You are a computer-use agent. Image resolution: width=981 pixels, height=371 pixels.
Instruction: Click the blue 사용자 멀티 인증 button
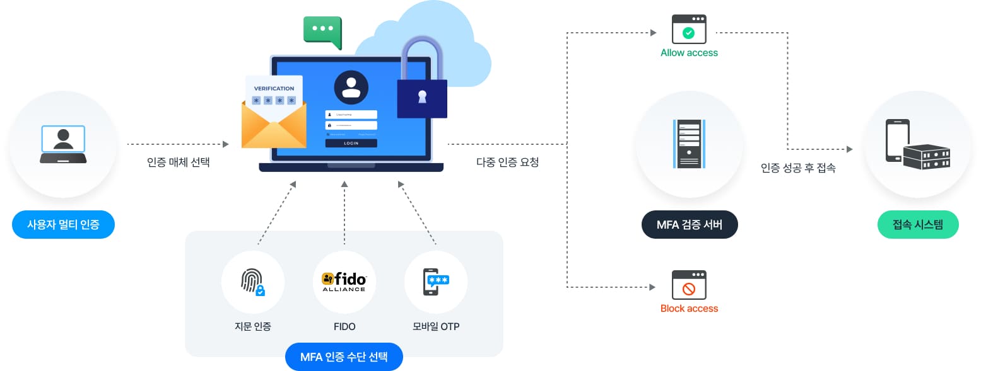(63, 224)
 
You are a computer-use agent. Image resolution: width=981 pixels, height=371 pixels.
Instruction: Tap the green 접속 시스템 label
(918, 224)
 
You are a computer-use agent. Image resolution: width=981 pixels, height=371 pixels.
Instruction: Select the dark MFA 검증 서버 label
(689, 225)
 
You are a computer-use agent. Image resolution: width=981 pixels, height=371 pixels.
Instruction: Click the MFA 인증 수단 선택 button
(343, 357)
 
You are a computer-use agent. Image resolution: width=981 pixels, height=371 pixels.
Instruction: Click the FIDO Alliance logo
(344, 282)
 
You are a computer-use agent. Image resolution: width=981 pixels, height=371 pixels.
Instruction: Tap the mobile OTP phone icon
(435, 282)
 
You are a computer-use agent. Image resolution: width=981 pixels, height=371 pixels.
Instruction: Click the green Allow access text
(689, 53)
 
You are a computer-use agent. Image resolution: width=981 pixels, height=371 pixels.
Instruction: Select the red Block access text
(689, 309)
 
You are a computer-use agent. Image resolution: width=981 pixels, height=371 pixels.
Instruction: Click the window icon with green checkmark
(689, 30)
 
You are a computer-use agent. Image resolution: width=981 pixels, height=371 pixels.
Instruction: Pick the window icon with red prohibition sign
(689, 285)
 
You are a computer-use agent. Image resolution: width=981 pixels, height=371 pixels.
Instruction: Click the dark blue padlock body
(422, 98)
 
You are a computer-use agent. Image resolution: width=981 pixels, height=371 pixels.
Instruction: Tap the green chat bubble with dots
(322, 30)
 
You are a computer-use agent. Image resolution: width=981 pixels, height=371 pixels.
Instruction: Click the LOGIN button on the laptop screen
(351, 143)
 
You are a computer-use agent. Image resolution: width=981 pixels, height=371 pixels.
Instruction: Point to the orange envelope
(273, 128)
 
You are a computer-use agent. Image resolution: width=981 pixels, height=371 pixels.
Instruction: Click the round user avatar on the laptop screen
(351, 88)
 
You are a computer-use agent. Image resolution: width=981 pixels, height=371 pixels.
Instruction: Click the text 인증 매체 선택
(179, 163)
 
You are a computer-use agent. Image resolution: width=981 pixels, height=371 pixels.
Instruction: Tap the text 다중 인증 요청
(507, 163)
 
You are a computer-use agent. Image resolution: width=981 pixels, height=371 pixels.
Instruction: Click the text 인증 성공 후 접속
(798, 168)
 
